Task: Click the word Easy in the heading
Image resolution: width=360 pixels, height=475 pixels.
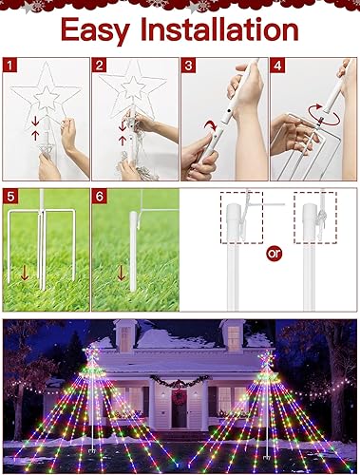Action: point(98,29)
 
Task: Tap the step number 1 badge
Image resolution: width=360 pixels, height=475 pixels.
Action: point(10,66)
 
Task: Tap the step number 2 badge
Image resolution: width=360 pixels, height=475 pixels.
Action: point(100,66)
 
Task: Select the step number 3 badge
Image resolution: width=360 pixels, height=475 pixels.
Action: point(188,66)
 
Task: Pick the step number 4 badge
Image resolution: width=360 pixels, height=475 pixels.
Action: point(276,66)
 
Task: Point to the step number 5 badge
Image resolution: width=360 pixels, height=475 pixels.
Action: point(10,197)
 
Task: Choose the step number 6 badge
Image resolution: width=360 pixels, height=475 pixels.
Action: point(100,197)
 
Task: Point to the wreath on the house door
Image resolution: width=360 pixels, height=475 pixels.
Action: point(179,396)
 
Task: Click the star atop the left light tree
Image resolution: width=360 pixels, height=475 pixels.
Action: point(92,354)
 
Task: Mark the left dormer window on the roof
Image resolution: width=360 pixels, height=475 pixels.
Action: point(125,335)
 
